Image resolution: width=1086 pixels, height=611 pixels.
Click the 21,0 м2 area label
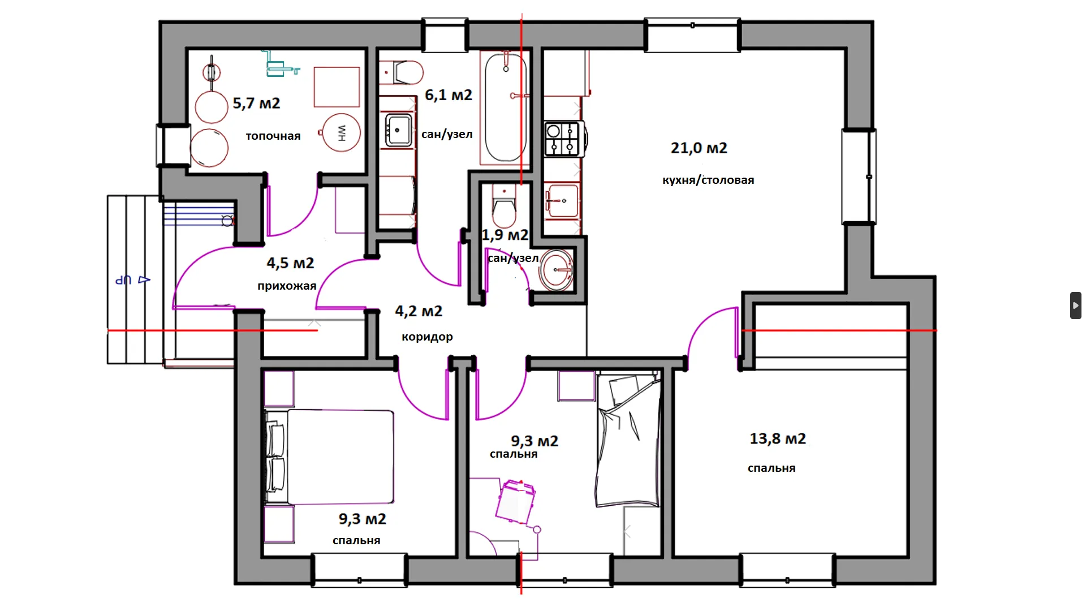[x=699, y=148]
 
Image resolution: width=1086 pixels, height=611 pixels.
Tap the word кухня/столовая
[x=708, y=180]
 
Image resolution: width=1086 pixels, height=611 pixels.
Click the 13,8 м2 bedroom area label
[x=778, y=438]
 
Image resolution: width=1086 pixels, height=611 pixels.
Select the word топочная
[x=273, y=136]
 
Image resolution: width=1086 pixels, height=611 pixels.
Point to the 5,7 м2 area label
[x=256, y=104]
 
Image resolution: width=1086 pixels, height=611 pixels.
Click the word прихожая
[x=287, y=286]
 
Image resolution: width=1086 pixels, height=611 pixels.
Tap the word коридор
[x=427, y=337]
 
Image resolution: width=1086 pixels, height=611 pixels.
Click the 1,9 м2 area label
[x=505, y=235]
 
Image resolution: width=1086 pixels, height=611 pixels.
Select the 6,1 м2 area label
[x=449, y=95]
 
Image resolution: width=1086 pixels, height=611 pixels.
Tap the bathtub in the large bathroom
[x=506, y=107]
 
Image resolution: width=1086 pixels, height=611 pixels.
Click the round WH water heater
[x=342, y=133]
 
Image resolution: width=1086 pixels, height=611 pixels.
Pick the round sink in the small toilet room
[x=557, y=270]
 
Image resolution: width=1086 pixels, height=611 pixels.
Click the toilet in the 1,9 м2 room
[x=504, y=205]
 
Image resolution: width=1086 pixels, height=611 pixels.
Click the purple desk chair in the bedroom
[x=515, y=502]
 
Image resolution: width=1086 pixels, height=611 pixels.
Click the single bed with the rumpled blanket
[x=628, y=440]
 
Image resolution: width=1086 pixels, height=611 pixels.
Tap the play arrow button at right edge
[x=1076, y=305]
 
